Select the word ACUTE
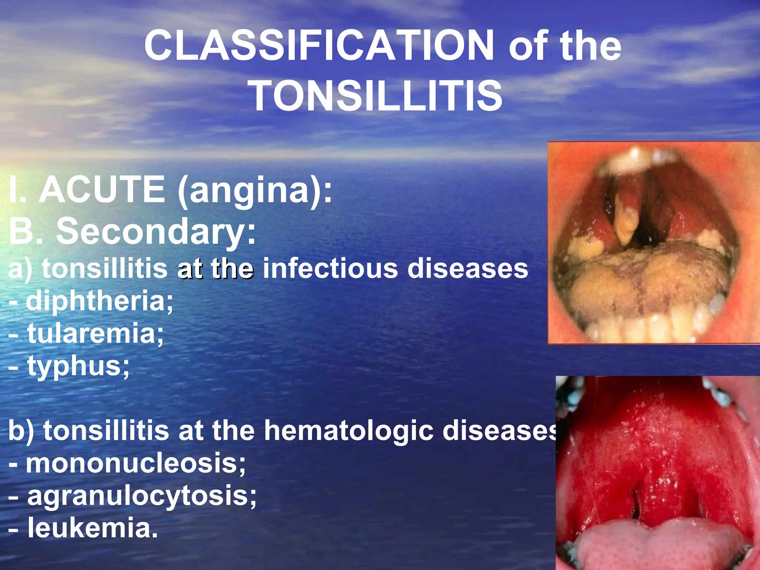coord(102,190)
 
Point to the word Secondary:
coord(156,231)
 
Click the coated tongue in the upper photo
coord(646,282)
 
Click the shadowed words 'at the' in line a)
coord(216,269)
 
